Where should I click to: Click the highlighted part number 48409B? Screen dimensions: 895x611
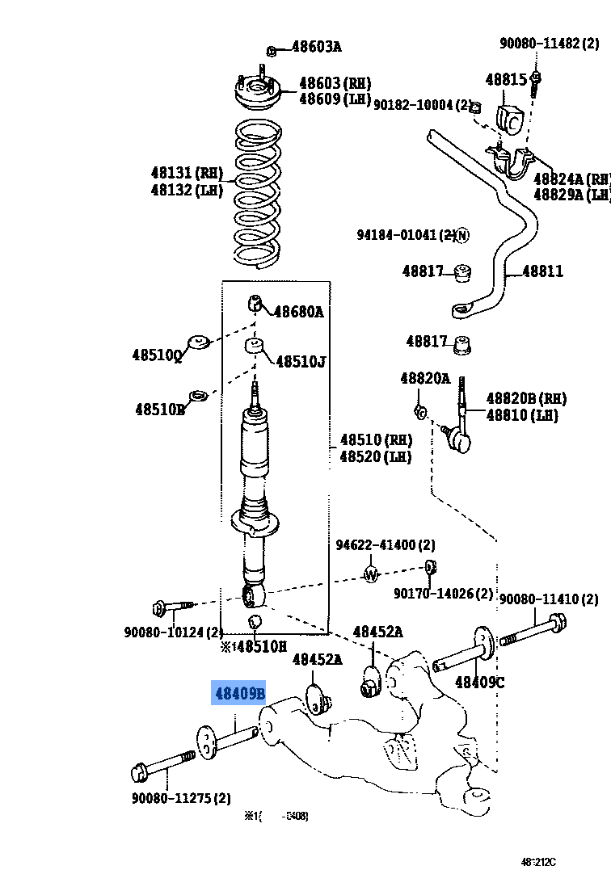238,693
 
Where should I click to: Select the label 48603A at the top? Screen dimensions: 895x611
316,47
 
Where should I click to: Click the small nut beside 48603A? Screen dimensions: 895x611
272,51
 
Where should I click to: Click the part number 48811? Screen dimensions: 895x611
542,271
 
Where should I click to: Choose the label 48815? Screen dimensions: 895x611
506,79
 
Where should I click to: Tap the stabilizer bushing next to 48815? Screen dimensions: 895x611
512,119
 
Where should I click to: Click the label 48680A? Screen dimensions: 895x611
298,311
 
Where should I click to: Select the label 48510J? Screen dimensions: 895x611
301,361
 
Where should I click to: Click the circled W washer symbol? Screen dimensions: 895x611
371,574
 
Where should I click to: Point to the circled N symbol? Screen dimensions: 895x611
461,235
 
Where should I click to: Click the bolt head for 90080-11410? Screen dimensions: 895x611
555,623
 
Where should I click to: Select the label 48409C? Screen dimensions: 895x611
479,682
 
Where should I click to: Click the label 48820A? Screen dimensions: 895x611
425,377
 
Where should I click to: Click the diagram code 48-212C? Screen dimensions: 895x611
538,862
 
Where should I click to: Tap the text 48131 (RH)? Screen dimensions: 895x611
186,172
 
